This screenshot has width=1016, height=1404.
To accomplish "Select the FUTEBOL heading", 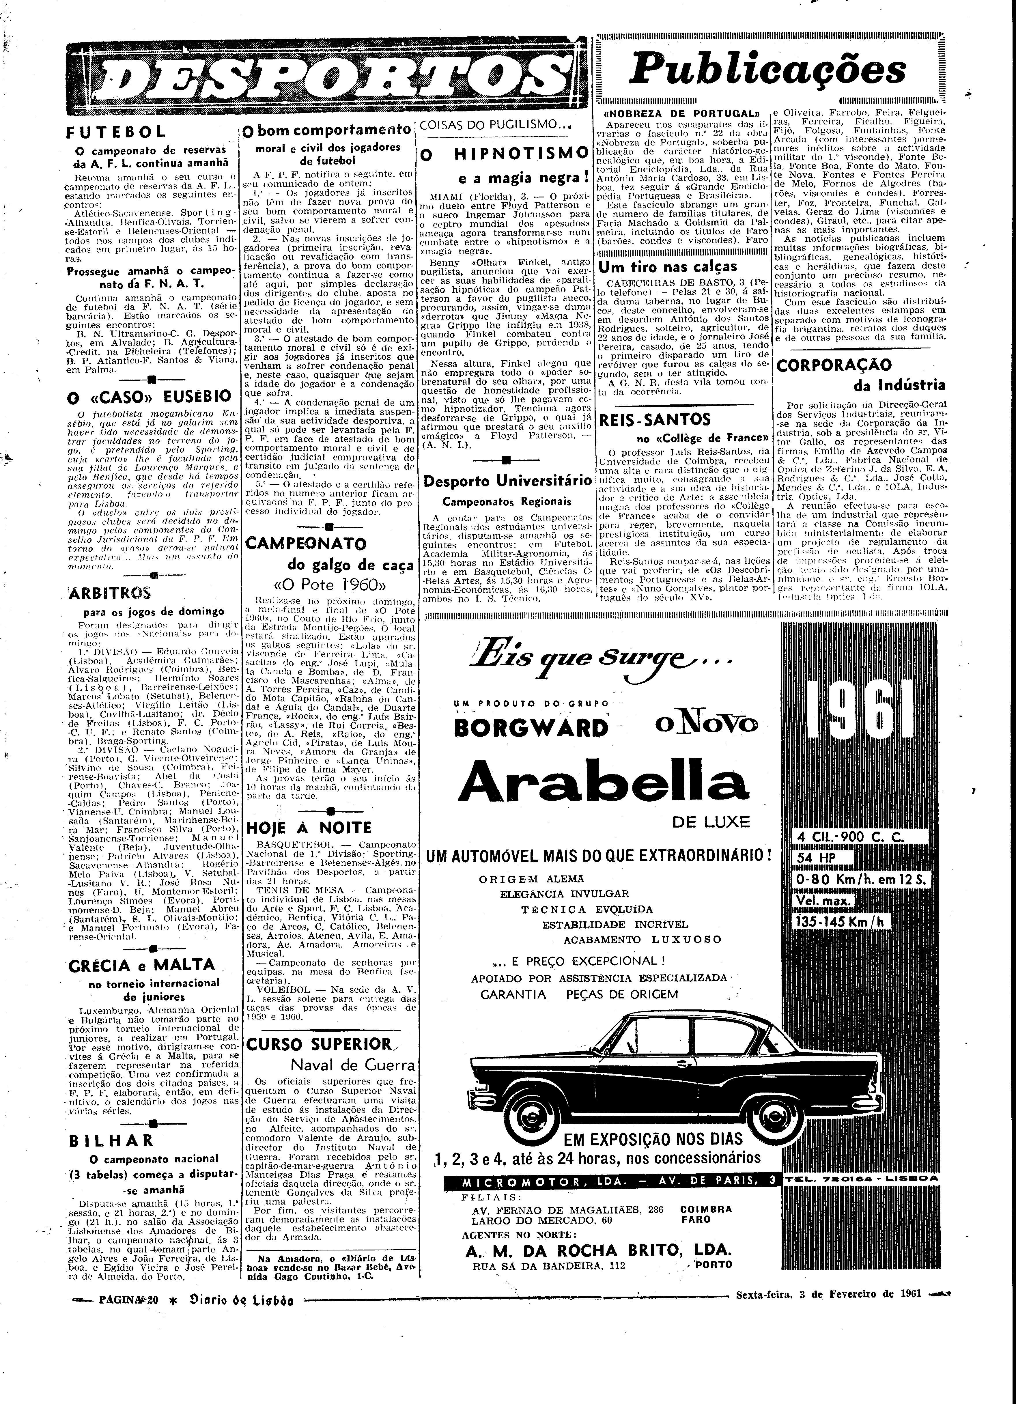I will pyautogui.click(x=116, y=132).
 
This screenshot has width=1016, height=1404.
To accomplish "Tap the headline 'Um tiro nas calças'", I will pyautogui.click(x=669, y=266).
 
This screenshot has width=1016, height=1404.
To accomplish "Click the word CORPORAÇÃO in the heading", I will pyautogui.click(x=834, y=365).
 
